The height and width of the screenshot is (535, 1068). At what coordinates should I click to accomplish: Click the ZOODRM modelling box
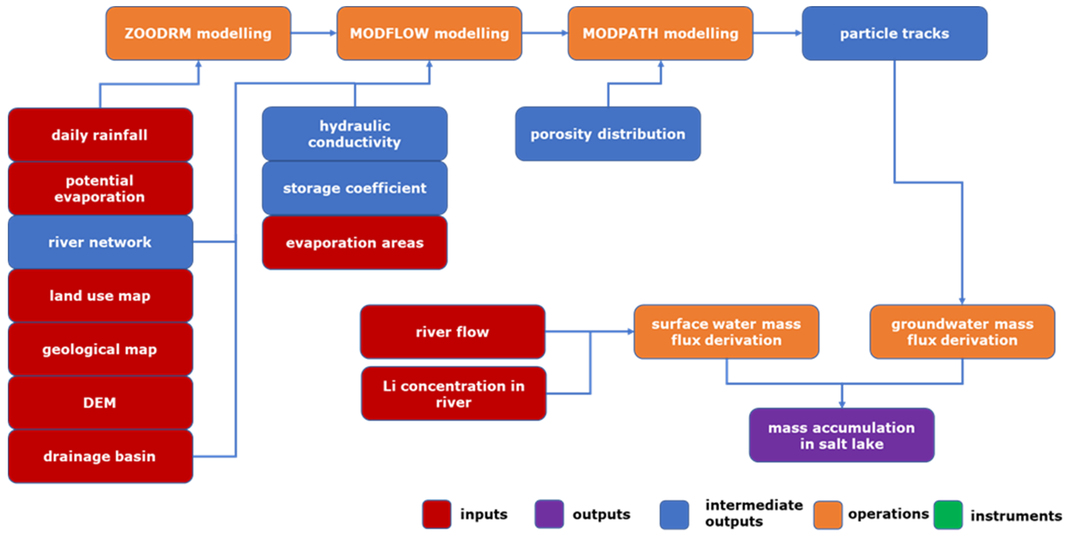(x=198, y=33)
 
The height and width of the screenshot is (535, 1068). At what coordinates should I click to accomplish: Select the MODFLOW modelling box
(x=429, y=33)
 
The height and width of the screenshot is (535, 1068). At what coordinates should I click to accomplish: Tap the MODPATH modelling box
(x=660, y=33)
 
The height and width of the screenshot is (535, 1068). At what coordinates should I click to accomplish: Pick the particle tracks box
(x=894, y=33)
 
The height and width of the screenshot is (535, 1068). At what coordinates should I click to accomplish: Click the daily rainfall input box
(x=100, y=135)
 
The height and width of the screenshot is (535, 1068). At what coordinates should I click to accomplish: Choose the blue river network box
(x=100, y=242)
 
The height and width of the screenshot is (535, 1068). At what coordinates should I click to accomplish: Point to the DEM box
(x=100, y=402)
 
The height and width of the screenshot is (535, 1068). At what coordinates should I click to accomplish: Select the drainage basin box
(x=100, y=456)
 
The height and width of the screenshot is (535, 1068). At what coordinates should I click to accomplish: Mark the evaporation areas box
(x=354, y=243)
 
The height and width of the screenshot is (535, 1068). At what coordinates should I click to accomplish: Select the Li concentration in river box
(x=453, y=394)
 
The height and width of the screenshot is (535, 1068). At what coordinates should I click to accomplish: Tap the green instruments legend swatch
(x=948, y=515)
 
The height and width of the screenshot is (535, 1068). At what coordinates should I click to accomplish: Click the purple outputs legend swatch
(x=549, y=514)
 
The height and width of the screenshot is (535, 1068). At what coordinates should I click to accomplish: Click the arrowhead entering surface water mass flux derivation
(x=630, y=331)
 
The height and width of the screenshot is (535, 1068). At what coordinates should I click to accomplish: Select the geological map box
(x=100, y=349)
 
